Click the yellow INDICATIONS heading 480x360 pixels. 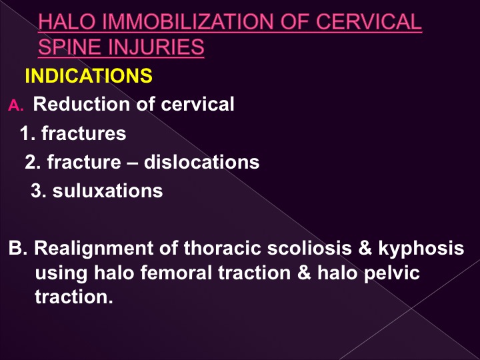89,75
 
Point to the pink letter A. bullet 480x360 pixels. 15,105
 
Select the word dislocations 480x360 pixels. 201,161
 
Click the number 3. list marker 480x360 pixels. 39,191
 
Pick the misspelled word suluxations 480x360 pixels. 107,191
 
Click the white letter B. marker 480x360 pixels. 18,247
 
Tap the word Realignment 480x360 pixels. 93,248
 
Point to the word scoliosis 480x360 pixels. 309,247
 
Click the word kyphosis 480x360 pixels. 421,248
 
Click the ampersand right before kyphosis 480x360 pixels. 365,247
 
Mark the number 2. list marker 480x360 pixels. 33,162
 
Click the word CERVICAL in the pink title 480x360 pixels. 369,21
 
